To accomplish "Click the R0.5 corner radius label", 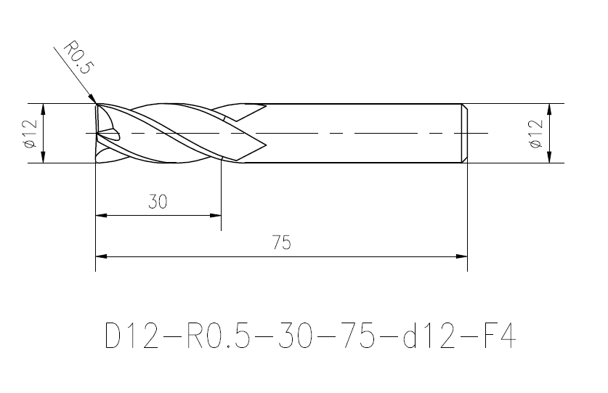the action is pyautogui.click(x=78, y=57).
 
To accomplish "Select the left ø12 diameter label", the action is pyautogui.click(x=30, y=134).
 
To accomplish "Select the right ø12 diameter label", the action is pyautogui.click(x=535, y=134).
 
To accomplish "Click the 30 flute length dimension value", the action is pyautogui.click(x=158, y=202).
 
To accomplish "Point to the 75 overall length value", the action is pyautogui.click(x=282, y=243).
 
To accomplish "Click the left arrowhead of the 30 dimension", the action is pyautogui.click(x=101, y=215).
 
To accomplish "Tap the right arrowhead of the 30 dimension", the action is pyautogui.click(x=215, y=215).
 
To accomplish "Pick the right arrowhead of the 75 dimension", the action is pyautogui.click(x=461, y=256).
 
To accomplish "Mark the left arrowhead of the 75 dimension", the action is pyautogui.click(x=101, y=256).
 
